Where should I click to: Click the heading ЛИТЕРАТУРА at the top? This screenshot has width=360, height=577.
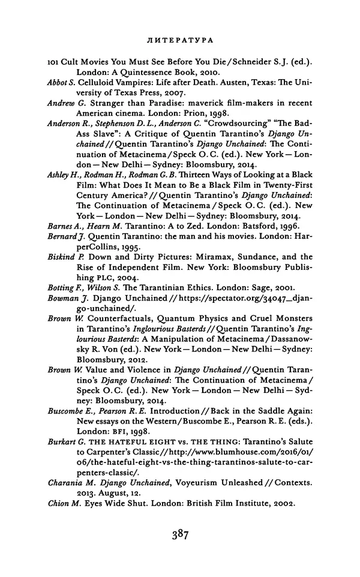pyautogui.click(x=180, y=40)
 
